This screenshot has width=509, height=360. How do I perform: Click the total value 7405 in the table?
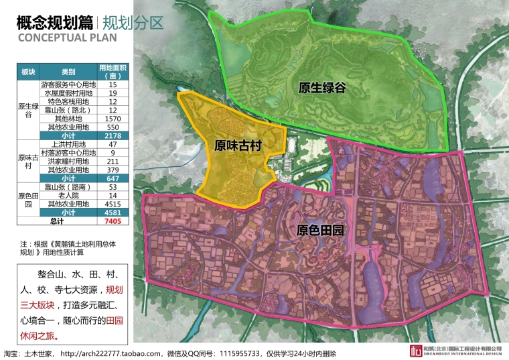112,221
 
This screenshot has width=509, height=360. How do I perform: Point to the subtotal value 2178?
112,135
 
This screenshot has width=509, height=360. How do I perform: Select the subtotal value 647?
112,178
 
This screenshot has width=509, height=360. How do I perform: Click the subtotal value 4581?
112,212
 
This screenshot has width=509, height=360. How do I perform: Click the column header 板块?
28,72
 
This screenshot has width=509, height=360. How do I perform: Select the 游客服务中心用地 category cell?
69,84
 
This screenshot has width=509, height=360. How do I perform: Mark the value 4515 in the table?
112,204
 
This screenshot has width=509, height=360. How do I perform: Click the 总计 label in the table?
56,221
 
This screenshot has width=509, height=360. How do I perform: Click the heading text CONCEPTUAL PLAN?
67,38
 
